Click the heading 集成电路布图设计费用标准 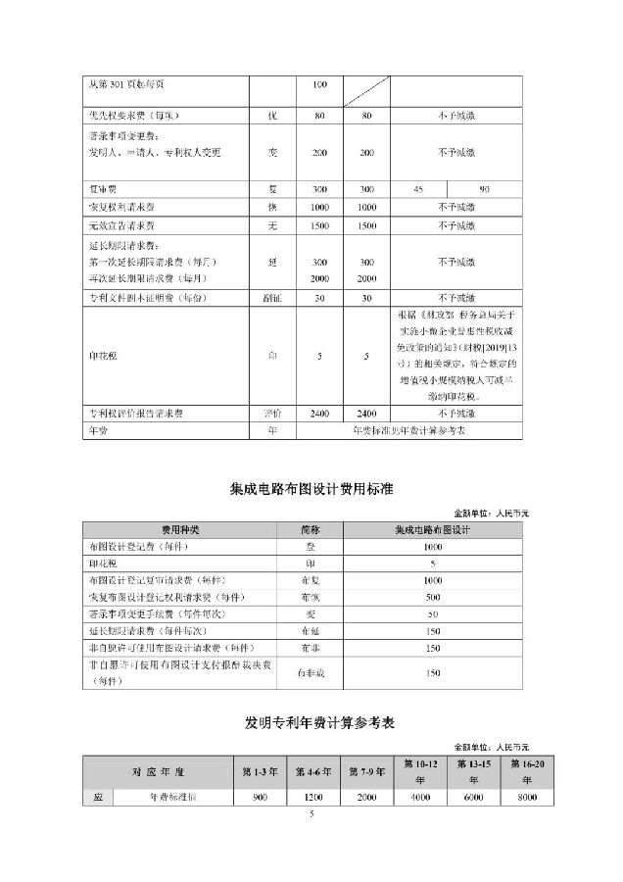[x=311, y=487]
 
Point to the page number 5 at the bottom [x=311, y=813]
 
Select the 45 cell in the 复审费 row [x=419, y=188]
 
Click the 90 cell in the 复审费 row [x=484, y=188]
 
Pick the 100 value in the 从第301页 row [x=318, y=85]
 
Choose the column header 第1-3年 [x=261, y=769]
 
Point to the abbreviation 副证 [x=273, y=298]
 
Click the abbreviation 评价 [x=273, y=415]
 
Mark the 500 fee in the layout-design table [x=433, y=596]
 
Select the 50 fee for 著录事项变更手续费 [x=433, y=613]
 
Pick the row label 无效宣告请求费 [x=121, y=225]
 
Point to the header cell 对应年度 [x=157, y=769]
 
